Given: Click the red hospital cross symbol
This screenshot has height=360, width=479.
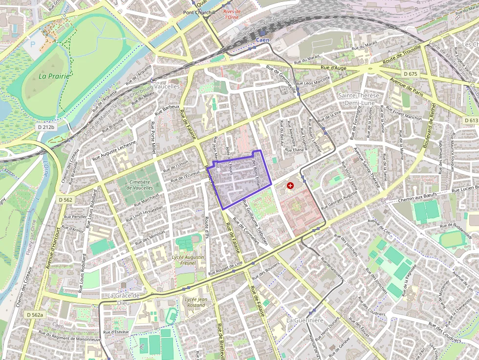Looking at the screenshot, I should point(291,186).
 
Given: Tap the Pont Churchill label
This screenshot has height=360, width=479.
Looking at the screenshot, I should point(199,12).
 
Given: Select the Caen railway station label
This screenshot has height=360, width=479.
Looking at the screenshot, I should point(262,41).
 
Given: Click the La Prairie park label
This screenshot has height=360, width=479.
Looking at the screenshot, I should point(54,76).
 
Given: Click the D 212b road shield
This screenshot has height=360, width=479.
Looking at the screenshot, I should point(47,127).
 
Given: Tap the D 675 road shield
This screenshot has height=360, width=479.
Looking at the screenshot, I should point(411,74).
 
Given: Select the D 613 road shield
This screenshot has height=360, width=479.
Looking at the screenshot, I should point(471,120).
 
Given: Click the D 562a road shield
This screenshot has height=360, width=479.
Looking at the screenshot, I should point(35,315).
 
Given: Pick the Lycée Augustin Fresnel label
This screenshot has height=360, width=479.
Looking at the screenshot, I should point(188,259).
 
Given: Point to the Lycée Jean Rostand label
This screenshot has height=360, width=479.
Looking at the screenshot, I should point(196,302).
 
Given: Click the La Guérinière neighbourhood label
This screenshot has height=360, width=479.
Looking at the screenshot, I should point(305,320).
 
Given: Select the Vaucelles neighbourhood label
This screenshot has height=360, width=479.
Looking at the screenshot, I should point(167,86).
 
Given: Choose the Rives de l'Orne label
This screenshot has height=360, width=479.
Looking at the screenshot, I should point(232,14).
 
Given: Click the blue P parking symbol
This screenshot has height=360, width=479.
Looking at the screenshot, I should point(33,43).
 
